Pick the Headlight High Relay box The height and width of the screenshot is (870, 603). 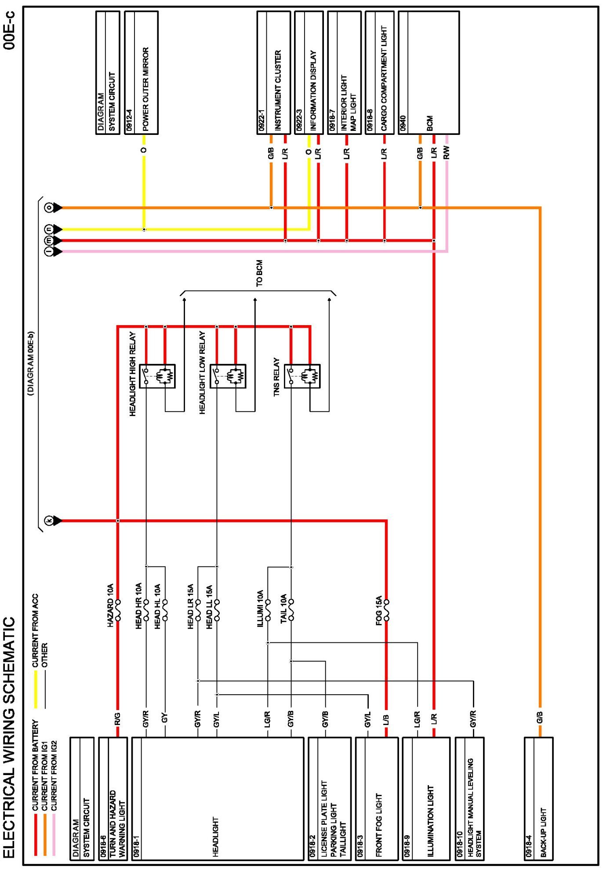click(x=157, y=376)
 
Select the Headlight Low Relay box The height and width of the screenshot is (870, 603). click(x=228, y=376)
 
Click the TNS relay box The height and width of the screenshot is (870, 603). click(x=302, y=376)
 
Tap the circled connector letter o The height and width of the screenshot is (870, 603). click(x=49, y=207)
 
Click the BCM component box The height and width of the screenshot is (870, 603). click(x=429, y=72)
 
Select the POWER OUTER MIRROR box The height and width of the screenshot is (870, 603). click(x=141, y=72)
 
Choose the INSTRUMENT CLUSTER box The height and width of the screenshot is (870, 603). click(x=273, y=72)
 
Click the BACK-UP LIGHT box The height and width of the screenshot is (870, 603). click(x=538, y=798)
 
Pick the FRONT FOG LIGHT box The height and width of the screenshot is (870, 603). click(x=376, y=798)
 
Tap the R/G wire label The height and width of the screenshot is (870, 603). click(x=117, y=719)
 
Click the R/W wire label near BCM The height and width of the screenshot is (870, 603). click(x=447, y=152)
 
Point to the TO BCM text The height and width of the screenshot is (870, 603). click(x=259, y=273)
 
